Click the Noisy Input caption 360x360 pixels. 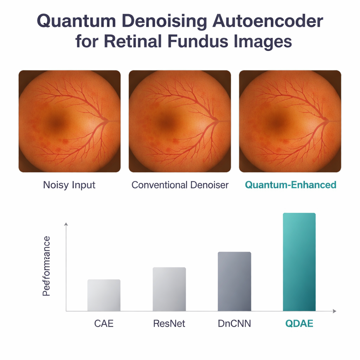69,185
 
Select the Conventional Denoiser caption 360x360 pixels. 180,185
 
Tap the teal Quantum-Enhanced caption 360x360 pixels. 290,185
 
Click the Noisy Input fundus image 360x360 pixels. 70,121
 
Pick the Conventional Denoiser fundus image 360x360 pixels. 180,121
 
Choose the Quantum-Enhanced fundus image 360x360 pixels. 290,121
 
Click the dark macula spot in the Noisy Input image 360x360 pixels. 56,123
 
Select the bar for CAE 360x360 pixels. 104,295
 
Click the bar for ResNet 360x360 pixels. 169,289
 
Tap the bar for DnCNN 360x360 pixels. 234,282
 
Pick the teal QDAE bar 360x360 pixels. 299,262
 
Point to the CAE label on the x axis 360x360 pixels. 104,323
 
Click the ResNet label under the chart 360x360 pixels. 169,323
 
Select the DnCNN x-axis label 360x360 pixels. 234,323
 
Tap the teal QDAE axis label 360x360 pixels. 299,323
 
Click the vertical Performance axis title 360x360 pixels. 46,266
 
